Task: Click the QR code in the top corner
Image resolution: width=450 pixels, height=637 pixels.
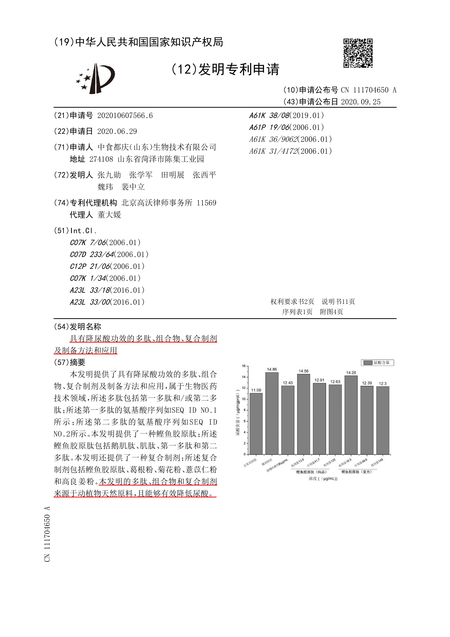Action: point(358,53)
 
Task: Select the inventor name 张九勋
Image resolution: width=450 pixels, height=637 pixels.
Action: point(109,175)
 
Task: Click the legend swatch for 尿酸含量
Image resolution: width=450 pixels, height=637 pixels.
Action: point(368,363)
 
